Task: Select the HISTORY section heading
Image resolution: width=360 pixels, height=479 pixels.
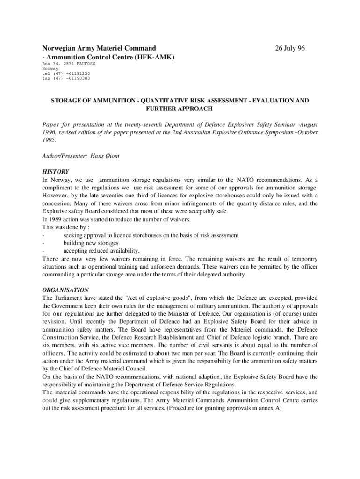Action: click(56, 172)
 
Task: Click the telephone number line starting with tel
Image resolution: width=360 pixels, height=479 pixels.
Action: click(66, 73)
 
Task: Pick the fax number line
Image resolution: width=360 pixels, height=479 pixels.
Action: click(66, 78)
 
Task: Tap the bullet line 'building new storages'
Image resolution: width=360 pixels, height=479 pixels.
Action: click(91, 243)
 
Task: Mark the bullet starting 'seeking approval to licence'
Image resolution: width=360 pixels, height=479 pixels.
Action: click(151, 235)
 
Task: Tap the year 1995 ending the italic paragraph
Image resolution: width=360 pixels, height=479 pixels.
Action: click(49, 140)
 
